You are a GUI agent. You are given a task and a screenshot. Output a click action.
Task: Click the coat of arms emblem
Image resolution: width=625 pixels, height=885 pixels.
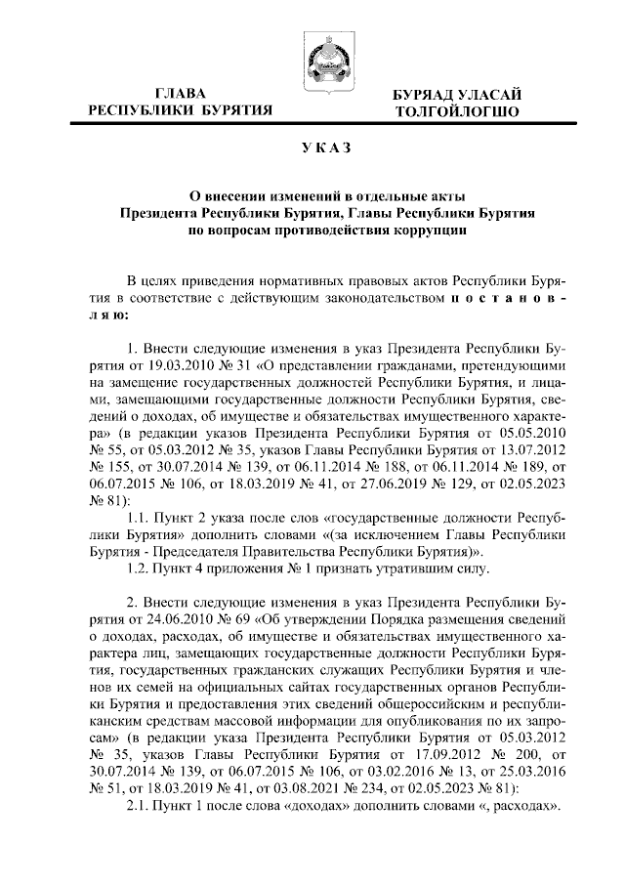pos(324,58)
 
